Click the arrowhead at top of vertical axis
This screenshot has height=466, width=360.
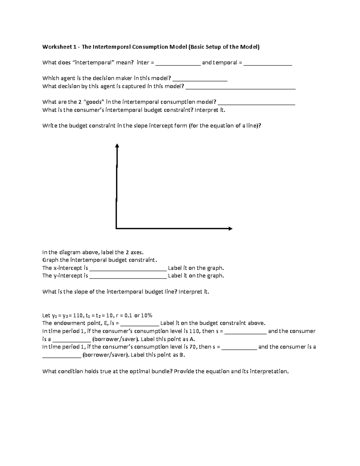tap(117, 146)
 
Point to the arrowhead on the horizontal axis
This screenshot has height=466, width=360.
tap(230, 229)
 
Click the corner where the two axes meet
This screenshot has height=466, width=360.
tap(116, 228)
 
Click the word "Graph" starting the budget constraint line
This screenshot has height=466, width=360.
tap(50, 260)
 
